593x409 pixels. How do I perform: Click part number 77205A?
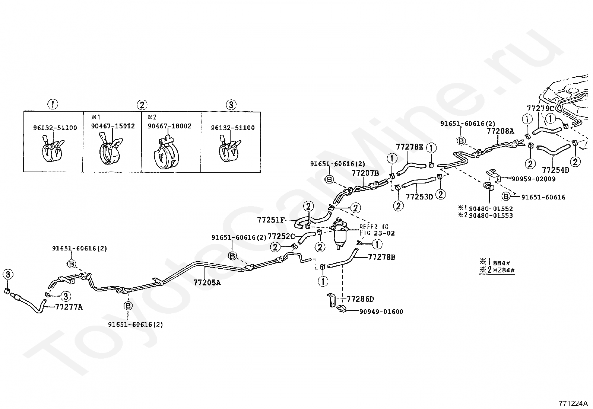(207, 282)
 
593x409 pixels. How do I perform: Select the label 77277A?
(69, 307)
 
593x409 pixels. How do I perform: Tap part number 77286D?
(360, 299)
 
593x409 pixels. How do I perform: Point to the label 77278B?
(382, 257)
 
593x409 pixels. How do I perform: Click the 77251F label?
(271, 220)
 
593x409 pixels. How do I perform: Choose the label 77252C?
(281, 236)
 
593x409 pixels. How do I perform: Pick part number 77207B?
(365, 173)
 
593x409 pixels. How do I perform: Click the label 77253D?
(419, 197)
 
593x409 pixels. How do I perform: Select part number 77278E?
(410, 147)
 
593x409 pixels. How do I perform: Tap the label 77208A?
(500, 131)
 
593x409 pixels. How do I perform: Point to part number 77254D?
(555, 170)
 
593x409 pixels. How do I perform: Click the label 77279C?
(540, 108)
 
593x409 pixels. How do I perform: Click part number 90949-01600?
(381, 312)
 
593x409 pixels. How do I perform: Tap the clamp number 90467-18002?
(169, 127)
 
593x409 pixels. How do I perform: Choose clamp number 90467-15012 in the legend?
(113, 127)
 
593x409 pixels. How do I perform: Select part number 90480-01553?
(491, 215)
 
